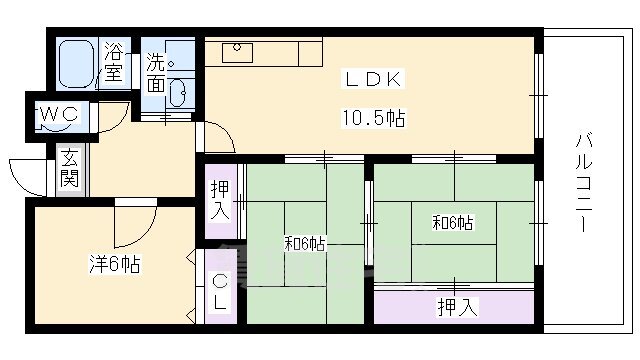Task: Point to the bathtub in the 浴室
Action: [x=76, y=63]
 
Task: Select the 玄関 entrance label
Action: [x=69, y=170]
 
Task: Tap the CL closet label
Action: [x=221, y=294]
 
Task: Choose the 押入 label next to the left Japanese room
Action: [x=221, y=201]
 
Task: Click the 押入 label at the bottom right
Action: [x=456, y=307]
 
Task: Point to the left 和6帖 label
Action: [x=305, y=243]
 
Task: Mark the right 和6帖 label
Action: [x=453, y=223]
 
